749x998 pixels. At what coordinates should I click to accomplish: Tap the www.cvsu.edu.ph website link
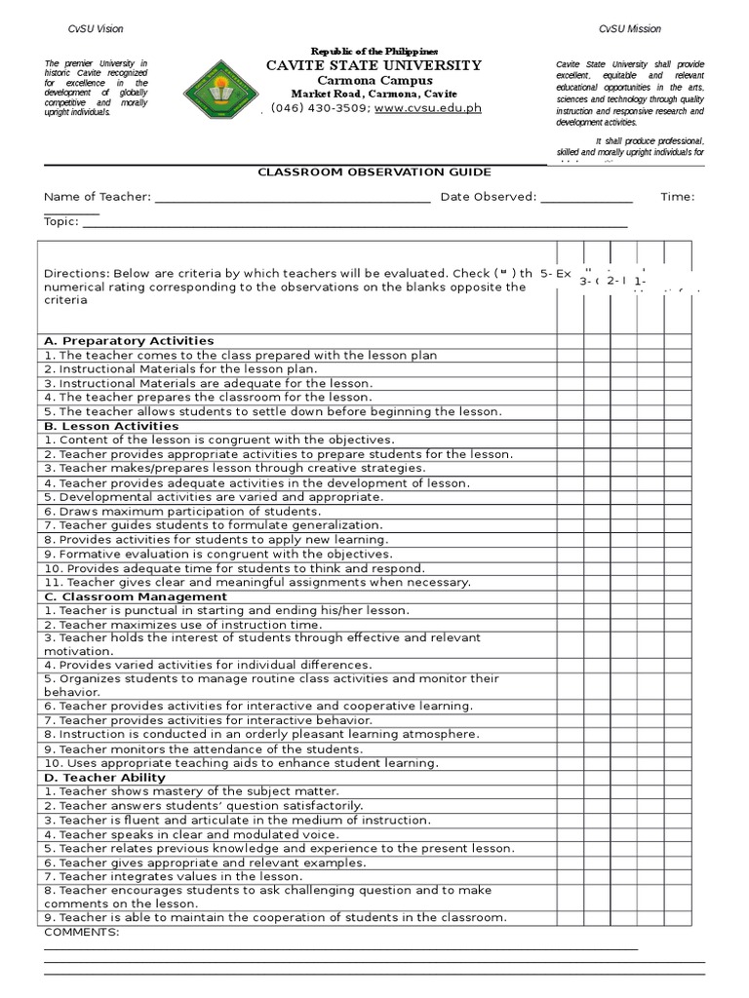[x=427, y=108]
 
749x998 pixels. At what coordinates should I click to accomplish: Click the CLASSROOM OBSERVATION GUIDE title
[x=374, y=172]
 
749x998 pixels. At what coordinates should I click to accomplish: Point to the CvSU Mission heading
[x=629, y=30]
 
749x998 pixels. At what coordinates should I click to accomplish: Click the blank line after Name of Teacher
[x=293, y=198]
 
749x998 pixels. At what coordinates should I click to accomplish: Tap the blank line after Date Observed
[x=586, y=198]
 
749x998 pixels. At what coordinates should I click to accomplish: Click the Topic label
[x=60, y=221]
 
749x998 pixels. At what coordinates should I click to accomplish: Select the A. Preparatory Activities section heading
[x=129, y=341]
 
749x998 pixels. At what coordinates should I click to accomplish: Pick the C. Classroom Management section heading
[x=136, y=596]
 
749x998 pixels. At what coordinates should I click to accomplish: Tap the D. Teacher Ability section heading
[x=104, y=778]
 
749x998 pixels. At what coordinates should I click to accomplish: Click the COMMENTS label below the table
[x=82, y=933]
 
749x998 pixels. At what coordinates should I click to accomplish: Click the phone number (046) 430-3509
[x=320, y=108]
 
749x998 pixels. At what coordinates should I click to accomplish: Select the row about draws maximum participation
[x=182, y=512]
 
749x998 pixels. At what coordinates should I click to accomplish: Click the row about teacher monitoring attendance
[x=204, y=749]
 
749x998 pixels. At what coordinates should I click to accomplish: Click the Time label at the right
[x=677, y=198]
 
